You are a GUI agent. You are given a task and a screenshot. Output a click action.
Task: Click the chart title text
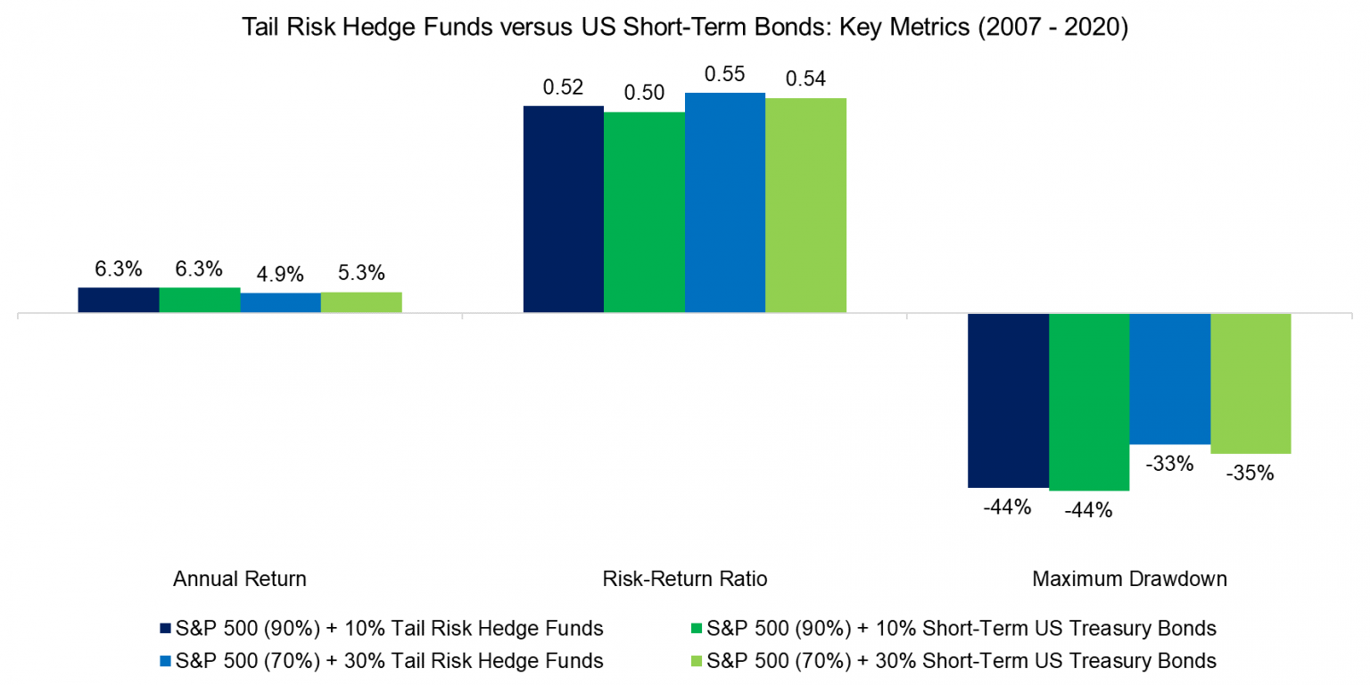(x=685, y=28)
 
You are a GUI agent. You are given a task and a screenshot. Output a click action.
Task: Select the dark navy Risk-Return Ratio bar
(x=563, y=210)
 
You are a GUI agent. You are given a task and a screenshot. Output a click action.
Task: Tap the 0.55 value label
(x=724, y=75)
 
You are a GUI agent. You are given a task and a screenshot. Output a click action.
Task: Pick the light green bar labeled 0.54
(x=805, y=205)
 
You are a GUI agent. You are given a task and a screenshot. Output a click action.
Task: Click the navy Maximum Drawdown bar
(x=1008, y=400)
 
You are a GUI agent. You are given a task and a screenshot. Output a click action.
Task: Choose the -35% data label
(x=1250, y=474)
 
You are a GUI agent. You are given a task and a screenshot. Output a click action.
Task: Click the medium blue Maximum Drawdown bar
(x=1169, y=379)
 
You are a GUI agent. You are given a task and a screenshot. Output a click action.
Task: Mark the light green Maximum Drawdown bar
(x=1250, y=384)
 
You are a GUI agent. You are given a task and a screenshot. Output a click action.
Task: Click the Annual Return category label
(x=240, y=579)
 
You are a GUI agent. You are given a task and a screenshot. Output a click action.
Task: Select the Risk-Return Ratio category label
(x=685, y=579)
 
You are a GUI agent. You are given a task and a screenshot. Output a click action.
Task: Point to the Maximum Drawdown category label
(x=1129, y=579)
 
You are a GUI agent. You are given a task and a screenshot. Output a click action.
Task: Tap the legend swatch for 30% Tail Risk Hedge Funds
(x=164, y=661)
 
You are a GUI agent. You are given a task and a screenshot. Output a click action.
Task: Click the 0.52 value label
(x=563, y=87)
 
